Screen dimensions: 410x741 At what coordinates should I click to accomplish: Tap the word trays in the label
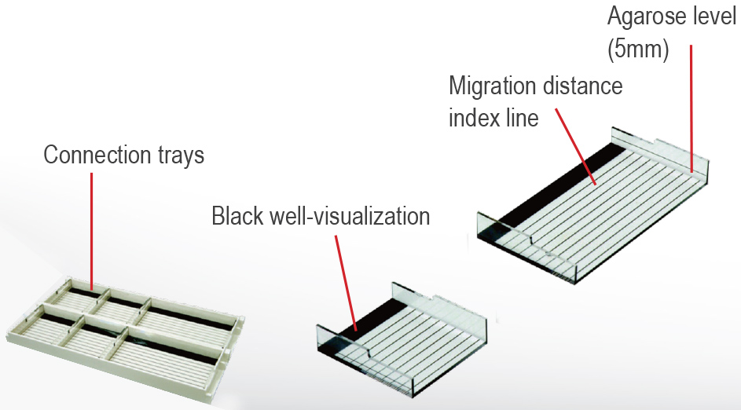[x=180, y=156]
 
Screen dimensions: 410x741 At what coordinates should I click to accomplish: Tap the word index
[x=475, y=118]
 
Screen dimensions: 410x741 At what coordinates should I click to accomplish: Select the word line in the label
[x=522, y=118]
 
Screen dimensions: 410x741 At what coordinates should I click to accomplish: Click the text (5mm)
[x=637, y=49]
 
